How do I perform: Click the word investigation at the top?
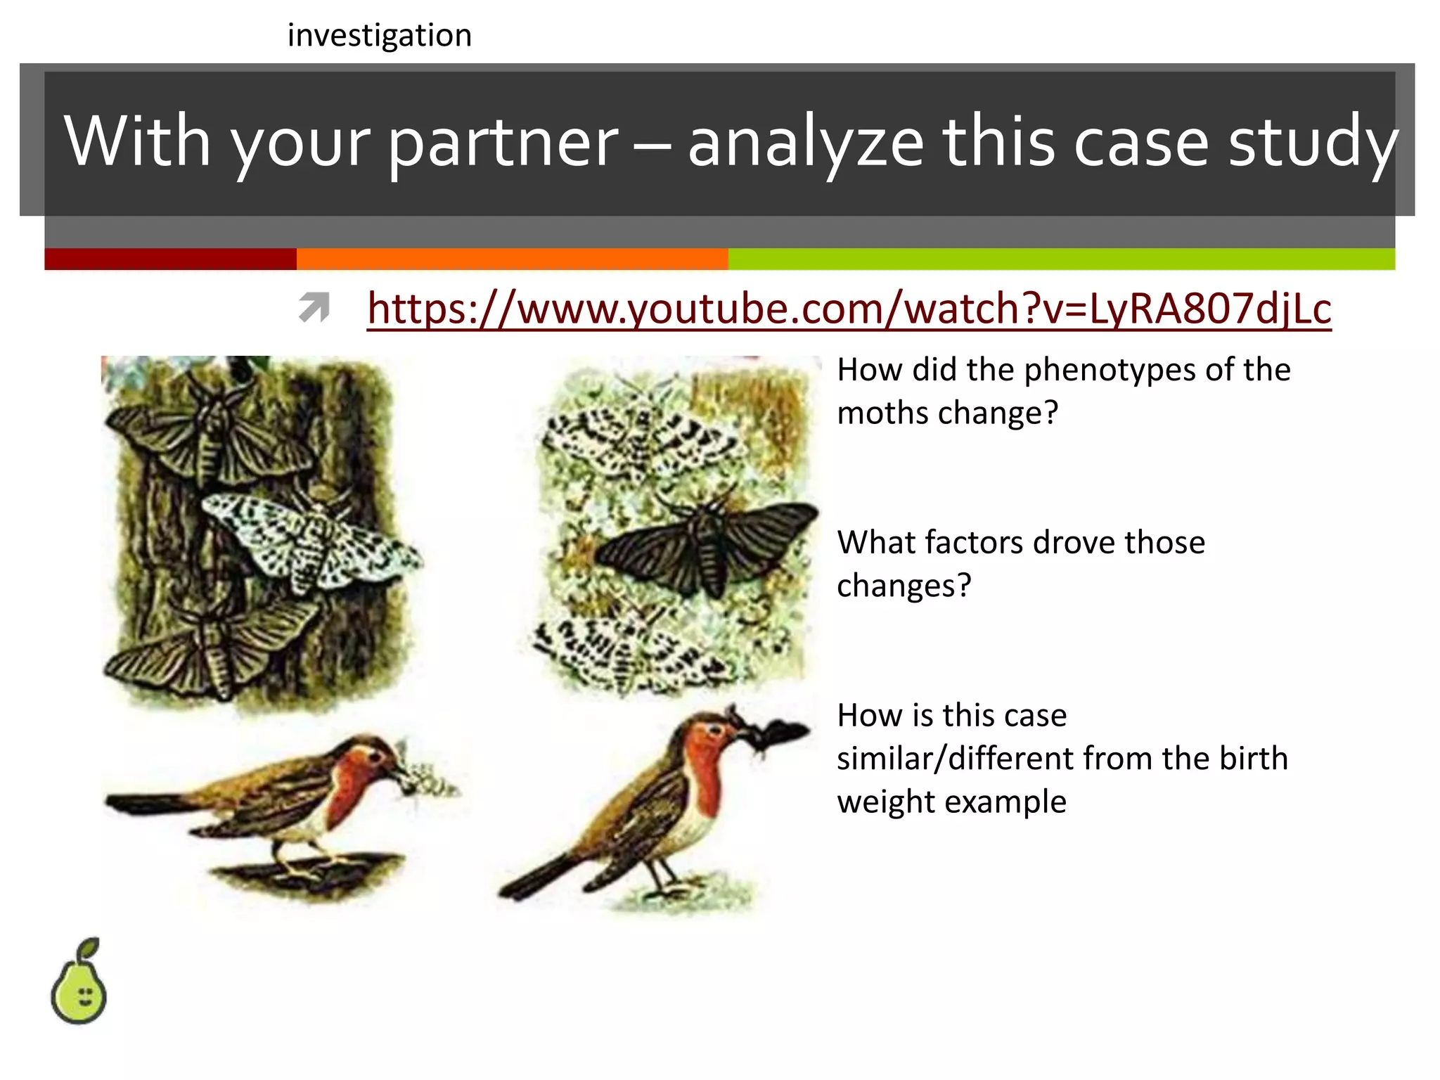[x=380, y=35]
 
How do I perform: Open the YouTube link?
[x=849, y=309]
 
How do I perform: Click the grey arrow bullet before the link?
[x=314, y=308]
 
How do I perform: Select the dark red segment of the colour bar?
[x=170, y=259]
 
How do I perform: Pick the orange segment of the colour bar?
[x=512, y=259]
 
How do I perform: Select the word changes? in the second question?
[x=904, y=586]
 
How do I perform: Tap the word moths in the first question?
[x=882, y=413]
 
